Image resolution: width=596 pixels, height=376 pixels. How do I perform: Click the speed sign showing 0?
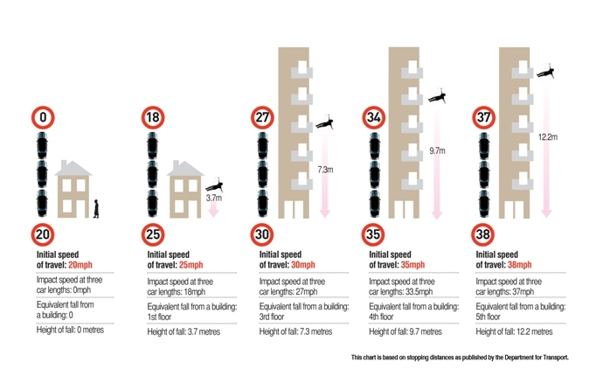(x=43, y=117)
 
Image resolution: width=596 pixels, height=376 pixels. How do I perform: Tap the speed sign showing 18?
(x=153, y=117)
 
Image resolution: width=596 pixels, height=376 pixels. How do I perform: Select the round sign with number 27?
(x=262, y=117)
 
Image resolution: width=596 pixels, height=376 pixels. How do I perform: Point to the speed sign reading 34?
(x=374, y=117)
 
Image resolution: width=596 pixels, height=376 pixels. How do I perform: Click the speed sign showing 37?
(x=483, y=117)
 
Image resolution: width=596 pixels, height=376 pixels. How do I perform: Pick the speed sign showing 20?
(x=43, y=234)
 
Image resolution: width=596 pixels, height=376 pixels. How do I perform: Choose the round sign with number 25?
(x=153, y=234)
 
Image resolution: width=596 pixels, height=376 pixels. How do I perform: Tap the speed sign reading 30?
(x=262, y=234)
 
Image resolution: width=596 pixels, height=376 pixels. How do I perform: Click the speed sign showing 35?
(x=373, y=234)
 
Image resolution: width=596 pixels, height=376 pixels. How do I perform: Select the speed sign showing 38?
(x=482, y=234)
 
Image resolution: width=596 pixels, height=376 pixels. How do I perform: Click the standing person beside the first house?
(x=96, y=209)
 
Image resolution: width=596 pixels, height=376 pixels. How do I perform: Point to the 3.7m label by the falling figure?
(x=214, y=198)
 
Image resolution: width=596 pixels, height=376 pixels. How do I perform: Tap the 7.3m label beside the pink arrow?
(x=325, y=170)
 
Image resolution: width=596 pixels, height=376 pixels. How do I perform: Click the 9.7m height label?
(x=437, y=151)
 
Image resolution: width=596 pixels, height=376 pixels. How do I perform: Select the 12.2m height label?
(x=548, y=137)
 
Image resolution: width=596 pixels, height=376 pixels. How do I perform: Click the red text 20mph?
(x=80, y=265)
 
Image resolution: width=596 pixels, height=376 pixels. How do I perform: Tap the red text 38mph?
(x=520, y=265)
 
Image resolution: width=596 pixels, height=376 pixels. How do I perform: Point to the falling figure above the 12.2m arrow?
(x=545, y=71)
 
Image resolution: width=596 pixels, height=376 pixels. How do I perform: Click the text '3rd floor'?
(x=272, y=317)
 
